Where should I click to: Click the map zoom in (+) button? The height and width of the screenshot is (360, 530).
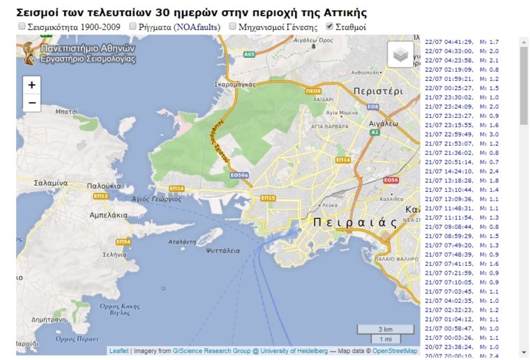31,84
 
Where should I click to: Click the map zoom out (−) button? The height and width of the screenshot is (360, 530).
31,103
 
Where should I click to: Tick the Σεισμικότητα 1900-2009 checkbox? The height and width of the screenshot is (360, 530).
22,27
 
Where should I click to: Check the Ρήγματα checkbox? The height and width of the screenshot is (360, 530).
133,27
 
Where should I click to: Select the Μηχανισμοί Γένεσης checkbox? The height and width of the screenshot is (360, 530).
234,27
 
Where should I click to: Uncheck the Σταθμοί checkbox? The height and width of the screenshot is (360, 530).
330,27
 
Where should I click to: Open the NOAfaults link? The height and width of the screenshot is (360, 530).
197,27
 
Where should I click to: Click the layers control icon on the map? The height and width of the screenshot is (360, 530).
401,55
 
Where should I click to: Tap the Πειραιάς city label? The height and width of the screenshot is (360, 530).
355,223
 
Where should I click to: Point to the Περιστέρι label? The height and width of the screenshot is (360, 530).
378,91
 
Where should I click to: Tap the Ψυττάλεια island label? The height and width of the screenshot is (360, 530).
223,250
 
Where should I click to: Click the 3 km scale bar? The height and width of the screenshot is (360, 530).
384,329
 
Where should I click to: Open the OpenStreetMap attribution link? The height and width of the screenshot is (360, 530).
395,351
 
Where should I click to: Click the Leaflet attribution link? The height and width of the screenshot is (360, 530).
119,351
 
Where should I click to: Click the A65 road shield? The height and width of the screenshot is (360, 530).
249,54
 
